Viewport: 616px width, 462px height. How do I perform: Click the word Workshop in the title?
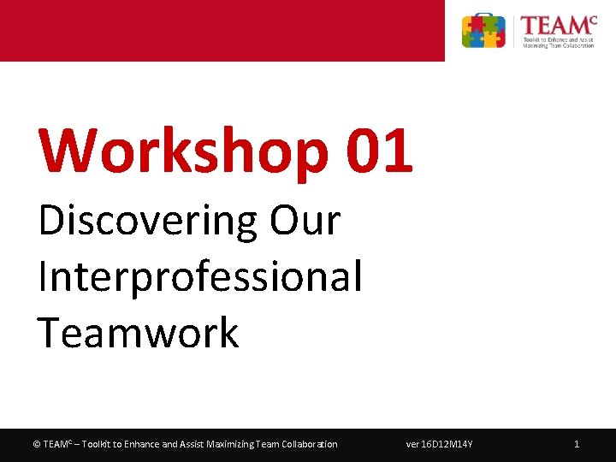click(x=182, y=151)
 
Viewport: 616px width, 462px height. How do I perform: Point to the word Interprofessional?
click(x=200, y=276)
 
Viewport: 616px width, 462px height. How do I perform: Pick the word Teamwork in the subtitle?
click(x=138, y=332)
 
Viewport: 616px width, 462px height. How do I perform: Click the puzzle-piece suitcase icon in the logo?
click(x=483, y=32)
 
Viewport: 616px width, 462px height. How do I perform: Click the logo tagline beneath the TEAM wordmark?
click(x=559, y=42)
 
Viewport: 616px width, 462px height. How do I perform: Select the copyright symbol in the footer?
click(x=36, y=444)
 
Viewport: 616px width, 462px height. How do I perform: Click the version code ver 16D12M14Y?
click(x=440, y=444)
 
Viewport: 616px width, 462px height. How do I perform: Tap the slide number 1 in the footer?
click(x=577, y=444)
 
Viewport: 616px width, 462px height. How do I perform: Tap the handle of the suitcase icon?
click(x=483, y=17)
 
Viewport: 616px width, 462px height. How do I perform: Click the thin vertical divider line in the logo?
click(x=514, y=31)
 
